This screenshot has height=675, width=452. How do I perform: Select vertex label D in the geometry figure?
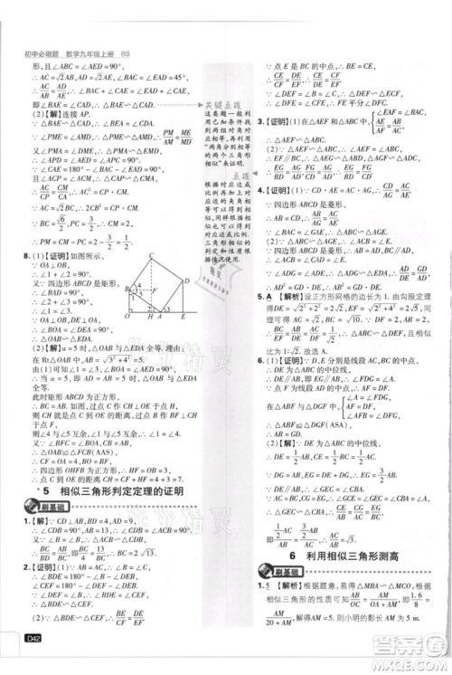tap(186, 280)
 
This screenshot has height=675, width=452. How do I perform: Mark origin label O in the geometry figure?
tap(127, 316)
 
